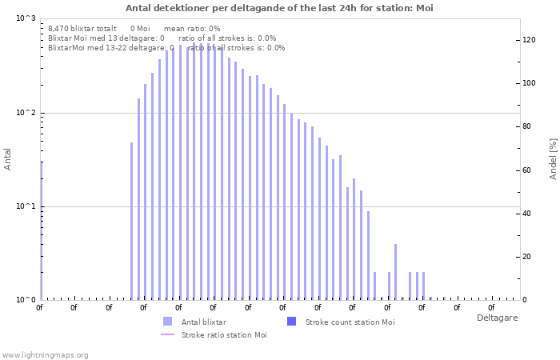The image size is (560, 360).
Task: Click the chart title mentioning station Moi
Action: click(x=279, y=8)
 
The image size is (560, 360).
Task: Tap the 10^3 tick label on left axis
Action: click(x=26, y=18)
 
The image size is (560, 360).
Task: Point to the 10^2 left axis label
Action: click(x=26, y=113)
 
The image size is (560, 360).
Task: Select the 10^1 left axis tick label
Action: click(x=26, y=206)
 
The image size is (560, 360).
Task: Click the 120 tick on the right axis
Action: click(x=529, y=40)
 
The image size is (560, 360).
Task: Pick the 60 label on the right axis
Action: click(x=526, y=170)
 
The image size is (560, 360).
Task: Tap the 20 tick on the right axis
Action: click(x=526, y=257)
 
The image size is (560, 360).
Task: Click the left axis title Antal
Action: click(x=7, y=159)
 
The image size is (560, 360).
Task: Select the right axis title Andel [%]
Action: click(x=553, y=159)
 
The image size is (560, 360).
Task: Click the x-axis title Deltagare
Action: click(x=497, y=318)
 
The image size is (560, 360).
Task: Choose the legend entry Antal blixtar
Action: click(x=203, y=322)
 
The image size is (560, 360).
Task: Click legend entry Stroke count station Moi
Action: click(x=350, y=322)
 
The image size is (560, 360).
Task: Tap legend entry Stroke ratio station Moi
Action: click(x=224, y=335)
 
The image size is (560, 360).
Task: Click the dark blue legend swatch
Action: click(x=291, y=322)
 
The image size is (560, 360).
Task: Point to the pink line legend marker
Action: click(x=167, y=334)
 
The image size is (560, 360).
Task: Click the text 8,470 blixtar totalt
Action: click(x=82, y=29)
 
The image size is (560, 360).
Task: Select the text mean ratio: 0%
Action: click(x=192, y=29)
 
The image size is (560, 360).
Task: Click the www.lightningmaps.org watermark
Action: click(x=45, y=355)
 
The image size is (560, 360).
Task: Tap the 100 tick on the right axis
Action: click(x=529, y=83)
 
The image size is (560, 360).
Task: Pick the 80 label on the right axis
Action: click(x=526, y=126)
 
